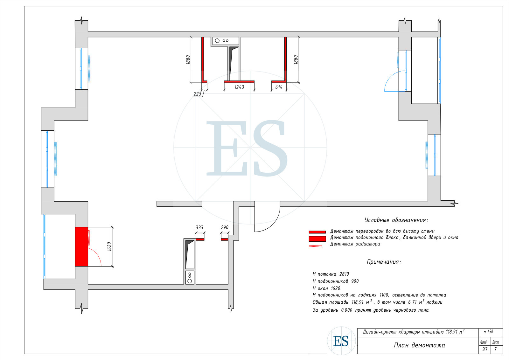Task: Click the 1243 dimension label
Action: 239,87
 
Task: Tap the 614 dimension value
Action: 279,87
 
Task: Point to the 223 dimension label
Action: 197,94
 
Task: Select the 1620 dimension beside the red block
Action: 109,246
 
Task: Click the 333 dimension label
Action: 199,227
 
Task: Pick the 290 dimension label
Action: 225,227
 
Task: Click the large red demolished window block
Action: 81,246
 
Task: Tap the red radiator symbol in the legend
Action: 315,246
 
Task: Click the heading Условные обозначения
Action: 396,220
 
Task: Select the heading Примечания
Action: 384,262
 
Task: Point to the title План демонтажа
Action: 419,345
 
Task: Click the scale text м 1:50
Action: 488,332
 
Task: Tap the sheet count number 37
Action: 485,349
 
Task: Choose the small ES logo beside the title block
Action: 341,341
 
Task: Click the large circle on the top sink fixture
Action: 217,41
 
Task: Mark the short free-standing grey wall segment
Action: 179,204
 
